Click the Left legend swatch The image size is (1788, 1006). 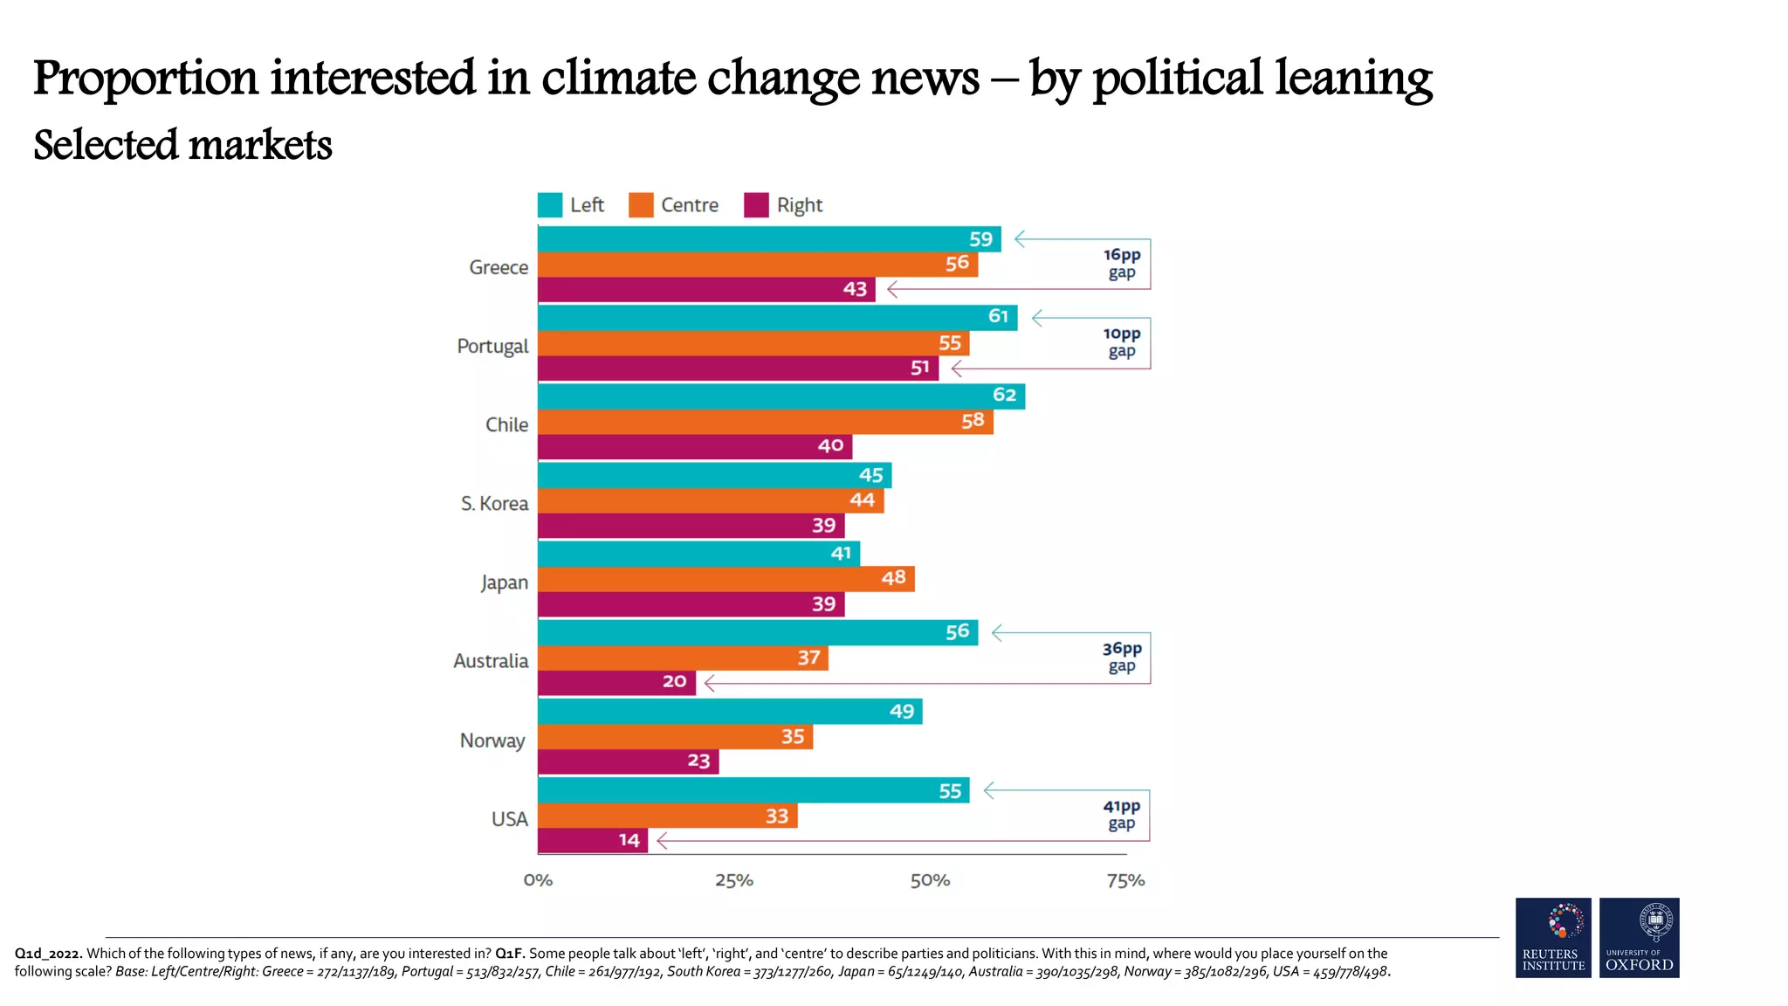click(x=550, y=205)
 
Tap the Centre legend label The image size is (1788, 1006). click(x=689, y=205)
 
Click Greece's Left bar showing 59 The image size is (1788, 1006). click(x=768, y=239)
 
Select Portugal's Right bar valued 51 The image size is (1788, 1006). click(x=738, y=369)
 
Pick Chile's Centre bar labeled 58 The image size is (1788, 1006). click(x=765, y=422)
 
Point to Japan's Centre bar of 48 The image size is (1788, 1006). click(x=726, y=579)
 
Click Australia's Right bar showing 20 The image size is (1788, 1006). click(x=616, y=682)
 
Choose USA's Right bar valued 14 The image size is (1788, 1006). click(x=592, y=841)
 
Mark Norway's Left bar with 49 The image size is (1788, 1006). click(x=729, y=712)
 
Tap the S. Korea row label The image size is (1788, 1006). click(x=494, y=504)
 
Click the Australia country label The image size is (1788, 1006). click(x=491, y=661)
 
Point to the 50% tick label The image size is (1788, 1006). click(x=930, y=880)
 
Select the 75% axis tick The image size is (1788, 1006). click(x=1125, y=880)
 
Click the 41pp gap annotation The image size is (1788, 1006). click(x=1121, y=815)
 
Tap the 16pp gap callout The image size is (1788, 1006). click(x=1121, y=264)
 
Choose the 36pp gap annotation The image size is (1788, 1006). click(x=1121, y=657)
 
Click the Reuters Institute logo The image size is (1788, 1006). click(x=1553, y=937)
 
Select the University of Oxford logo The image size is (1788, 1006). click(x=1639, y=937)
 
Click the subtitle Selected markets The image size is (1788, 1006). click(x=182, y=145)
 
